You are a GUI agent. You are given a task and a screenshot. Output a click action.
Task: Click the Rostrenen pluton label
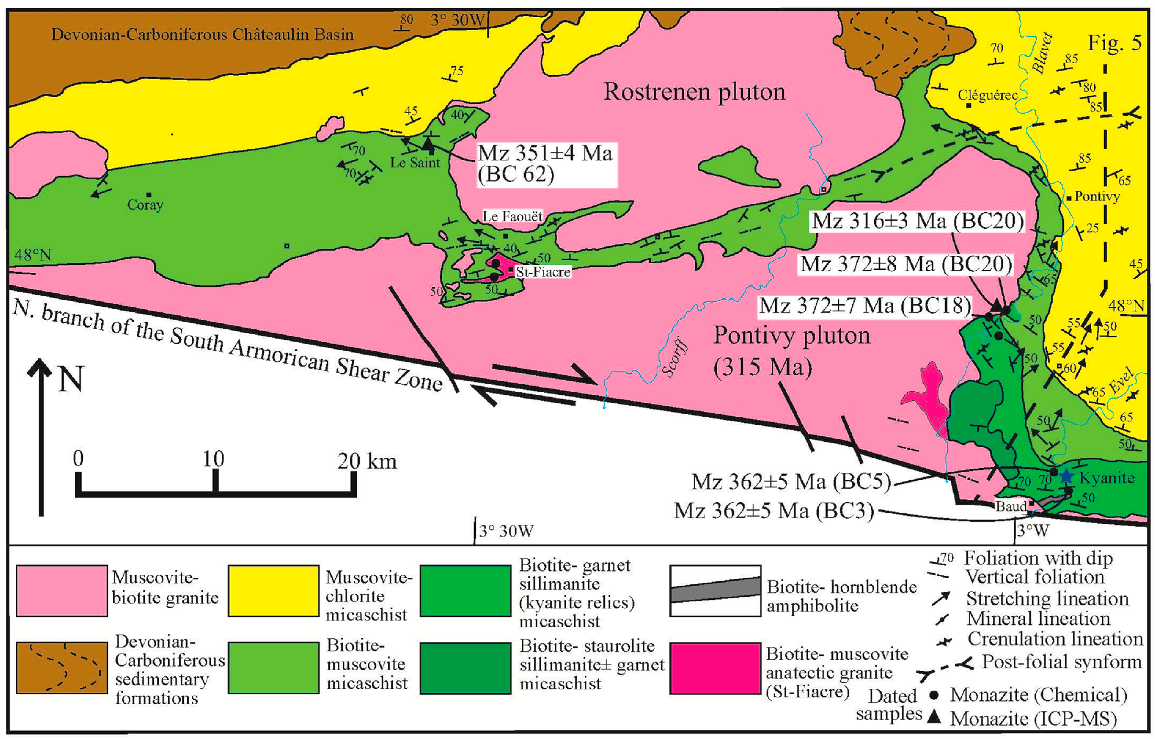point(694,92)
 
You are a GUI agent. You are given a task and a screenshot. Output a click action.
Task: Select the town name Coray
point(145,205)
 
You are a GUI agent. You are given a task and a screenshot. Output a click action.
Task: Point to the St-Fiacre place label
point(543,272)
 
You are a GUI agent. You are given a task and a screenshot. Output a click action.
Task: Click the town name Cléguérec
point(988,95)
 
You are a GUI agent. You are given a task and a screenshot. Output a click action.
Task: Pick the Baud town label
point(1011,506)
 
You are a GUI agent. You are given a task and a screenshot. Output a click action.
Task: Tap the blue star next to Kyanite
point(1066,476)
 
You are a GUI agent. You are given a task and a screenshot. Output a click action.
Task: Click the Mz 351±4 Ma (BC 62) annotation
point(545,164)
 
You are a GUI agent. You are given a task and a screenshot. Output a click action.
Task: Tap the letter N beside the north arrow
point(71,379)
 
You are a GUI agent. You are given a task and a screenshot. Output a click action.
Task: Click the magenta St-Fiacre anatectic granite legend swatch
point(715,668)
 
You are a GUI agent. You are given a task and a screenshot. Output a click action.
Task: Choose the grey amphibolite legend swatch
point(715,590)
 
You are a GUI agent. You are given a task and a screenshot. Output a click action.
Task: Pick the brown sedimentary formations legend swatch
point(62,668)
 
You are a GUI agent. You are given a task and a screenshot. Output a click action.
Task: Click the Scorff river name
point(675,358)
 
